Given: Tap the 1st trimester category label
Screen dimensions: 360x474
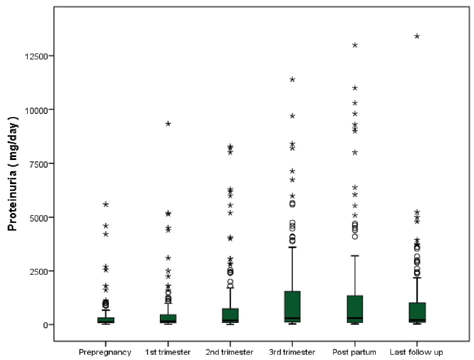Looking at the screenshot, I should pyautogui.click(x=168, y=352).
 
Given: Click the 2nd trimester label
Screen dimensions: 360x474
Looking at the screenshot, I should pyautogui.click(x=230, y=352).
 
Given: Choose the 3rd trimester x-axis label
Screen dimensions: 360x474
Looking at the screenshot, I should pyautogui.click(x=292, y=352).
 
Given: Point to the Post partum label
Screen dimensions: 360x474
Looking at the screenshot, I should pyautogui.click(x=355, y=352).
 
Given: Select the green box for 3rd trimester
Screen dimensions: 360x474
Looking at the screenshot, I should pyautogui.click(x=292, y=306).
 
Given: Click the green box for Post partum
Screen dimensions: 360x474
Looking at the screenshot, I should pyautogui.click(x=355, y=309).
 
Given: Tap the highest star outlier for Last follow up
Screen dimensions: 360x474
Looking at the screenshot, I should pyautogui.click(x=417, y=36).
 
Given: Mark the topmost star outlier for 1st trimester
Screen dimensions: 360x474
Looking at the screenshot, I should pyautogui.click(x=168, y=124).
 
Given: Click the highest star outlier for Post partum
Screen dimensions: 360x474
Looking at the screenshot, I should pyautogui.click(x=355, y=45).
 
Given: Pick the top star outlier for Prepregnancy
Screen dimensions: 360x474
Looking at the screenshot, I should pyautogui.click(x=106, y=204).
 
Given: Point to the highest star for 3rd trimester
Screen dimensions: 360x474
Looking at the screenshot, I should pyautogui.click(x=292, y=79).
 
